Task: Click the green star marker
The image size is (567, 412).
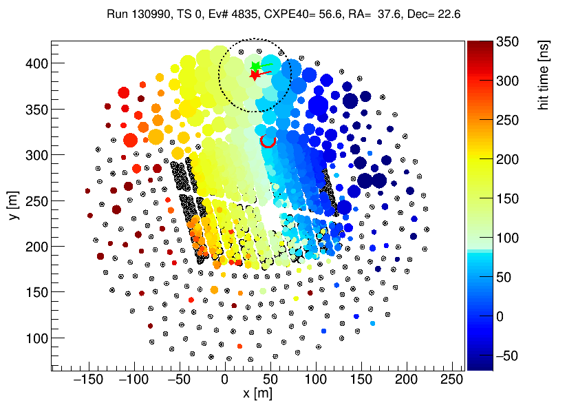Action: (x=256, y=66)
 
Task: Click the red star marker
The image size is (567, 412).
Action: (x=255, y=75)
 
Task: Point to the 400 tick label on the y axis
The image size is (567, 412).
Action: (x=37, y=63)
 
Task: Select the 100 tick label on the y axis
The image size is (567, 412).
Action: (x=37, y=338)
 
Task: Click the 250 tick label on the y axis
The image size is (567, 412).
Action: (x=37, y=201)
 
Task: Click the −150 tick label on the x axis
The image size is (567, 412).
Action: (x=89, y=380)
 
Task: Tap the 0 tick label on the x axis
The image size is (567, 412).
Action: (x=224, y=380)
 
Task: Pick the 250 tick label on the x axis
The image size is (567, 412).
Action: (x=451, y=380)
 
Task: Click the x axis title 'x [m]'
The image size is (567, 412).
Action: (x=257, y=393)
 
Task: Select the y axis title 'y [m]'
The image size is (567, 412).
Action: (x=13, y=205)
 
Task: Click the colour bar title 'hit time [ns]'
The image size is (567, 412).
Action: (x=544, y=75)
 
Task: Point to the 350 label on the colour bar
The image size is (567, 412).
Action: (x=507, y=42)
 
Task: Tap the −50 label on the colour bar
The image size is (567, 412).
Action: (x=507, y=356)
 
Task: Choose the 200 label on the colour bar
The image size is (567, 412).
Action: (x=507, y=160)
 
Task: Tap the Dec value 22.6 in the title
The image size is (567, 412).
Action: (x=449, y=14)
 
